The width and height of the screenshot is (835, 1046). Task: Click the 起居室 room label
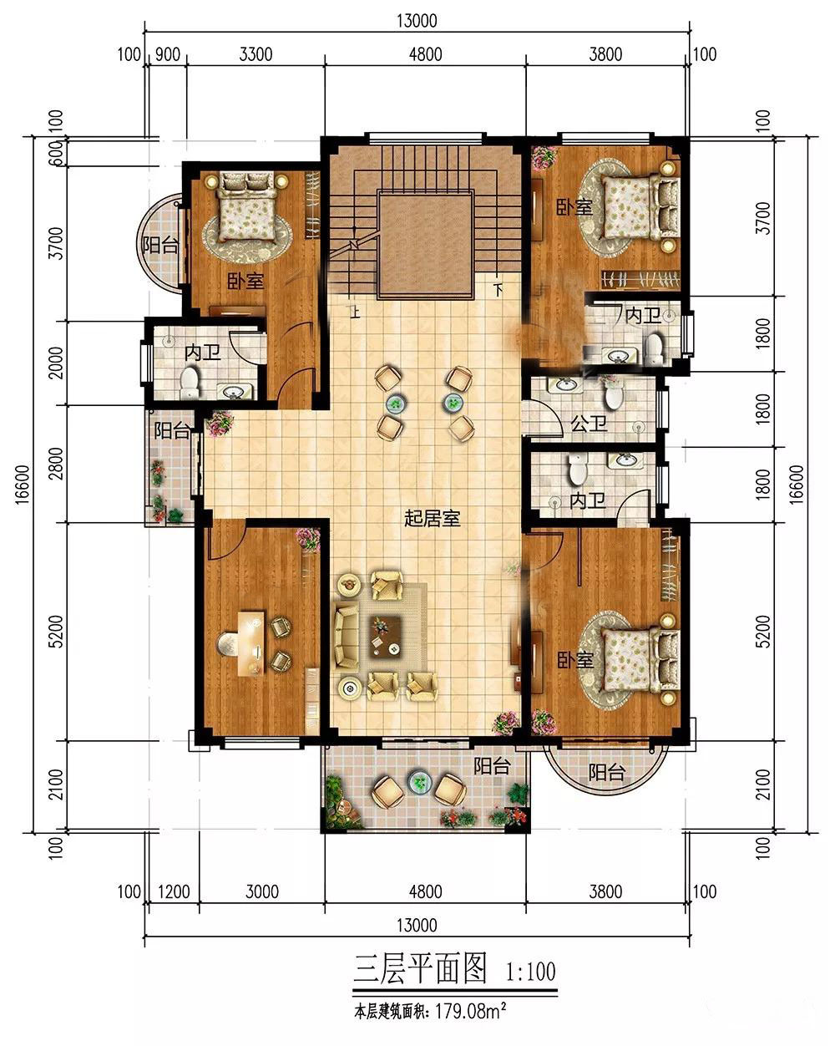pos(432,519)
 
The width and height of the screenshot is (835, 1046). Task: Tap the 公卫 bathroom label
pos(589,424)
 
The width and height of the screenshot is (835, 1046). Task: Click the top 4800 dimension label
pos(425,54)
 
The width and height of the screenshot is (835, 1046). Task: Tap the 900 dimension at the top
pos(168,54)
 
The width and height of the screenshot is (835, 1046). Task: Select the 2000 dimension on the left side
pos(57,363)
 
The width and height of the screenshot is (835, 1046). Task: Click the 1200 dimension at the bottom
pos(174,892)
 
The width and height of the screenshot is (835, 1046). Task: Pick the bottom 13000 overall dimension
pos(417,925)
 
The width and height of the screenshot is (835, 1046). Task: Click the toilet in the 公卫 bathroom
pos(614,394)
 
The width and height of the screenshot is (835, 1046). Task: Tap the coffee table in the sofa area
pos(386,637)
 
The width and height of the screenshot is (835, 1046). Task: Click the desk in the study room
pos(250,643)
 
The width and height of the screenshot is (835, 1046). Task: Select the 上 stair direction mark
pos(355,312)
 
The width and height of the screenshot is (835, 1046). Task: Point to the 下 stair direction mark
pos(498,290)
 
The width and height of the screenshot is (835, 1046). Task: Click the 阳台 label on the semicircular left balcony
pos(159,245)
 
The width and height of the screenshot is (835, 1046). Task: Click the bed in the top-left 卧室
pos(246,206)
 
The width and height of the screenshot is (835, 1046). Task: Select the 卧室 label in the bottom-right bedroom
pos(575,659)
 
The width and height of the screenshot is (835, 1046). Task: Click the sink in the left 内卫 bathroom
pos(235,390)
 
